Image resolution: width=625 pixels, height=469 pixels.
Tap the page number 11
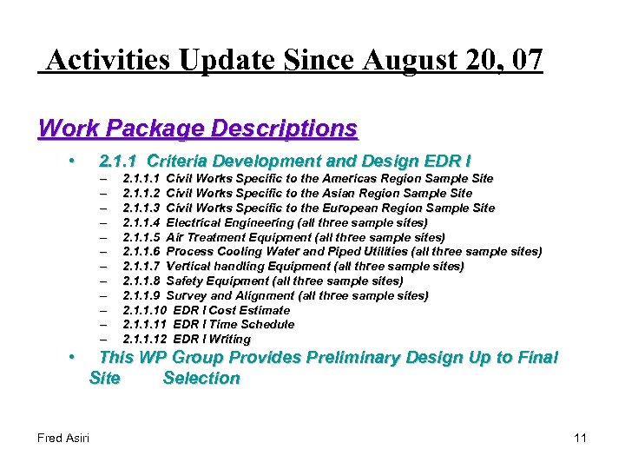click(x=580, y=438)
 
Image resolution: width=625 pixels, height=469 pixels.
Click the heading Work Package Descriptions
click(x=198, y=129)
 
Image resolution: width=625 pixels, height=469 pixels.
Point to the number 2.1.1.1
click(x=141, y=178)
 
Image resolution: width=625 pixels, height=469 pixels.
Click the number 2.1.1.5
click(x=141, y=237)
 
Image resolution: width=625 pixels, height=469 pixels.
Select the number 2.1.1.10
click(x=145, y=310)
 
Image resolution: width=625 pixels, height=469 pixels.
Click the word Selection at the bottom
click(x=201, y=378)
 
